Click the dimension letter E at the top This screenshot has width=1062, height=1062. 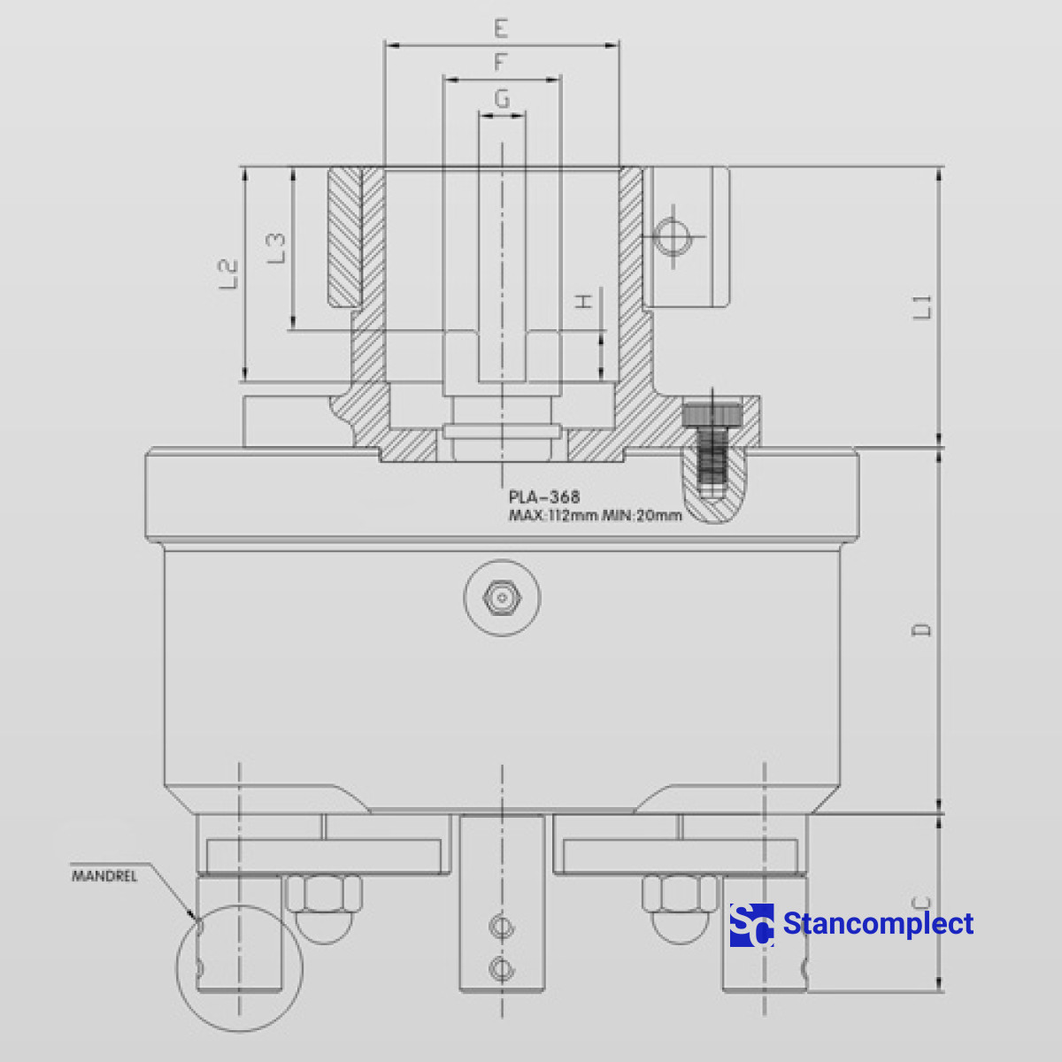pos(501,28)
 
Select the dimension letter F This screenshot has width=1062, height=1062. pos(501,63)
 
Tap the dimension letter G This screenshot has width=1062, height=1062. pos(502,98)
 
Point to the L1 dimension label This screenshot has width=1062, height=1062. pos(923,307)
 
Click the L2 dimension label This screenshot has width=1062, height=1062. pos(228,274)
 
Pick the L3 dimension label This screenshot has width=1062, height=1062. pos(276,248)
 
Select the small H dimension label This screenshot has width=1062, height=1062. pos(584,302)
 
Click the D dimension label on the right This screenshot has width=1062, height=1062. pos(922,630)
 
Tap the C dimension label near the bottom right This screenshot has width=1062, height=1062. pos(922,903)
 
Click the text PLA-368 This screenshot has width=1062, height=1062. pos(544,497)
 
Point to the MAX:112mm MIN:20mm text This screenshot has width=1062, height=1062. pos(595,515)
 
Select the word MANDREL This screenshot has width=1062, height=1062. pos(104,876)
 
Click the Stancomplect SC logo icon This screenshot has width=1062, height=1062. pos(751,925)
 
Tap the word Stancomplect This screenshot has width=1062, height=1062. pos(878,924)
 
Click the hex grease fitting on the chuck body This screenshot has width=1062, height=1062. pos(502,597)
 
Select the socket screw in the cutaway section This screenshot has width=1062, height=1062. pos(712,447)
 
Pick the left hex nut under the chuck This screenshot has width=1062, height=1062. pos(324,894)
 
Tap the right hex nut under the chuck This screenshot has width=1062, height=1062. pos(680,894)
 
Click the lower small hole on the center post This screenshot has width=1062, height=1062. pos(501,967)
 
